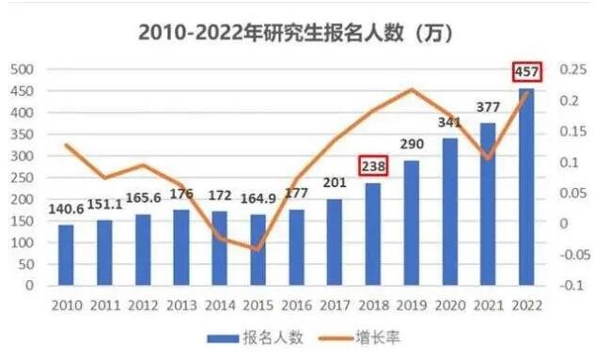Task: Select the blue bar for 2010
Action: [66, 255]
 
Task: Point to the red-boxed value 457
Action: [525, 71]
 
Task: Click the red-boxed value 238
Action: [373, 165]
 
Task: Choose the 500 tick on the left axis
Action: [23, 70]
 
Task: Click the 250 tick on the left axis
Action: [23, 178]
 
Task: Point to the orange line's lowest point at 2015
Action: [256, 249]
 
